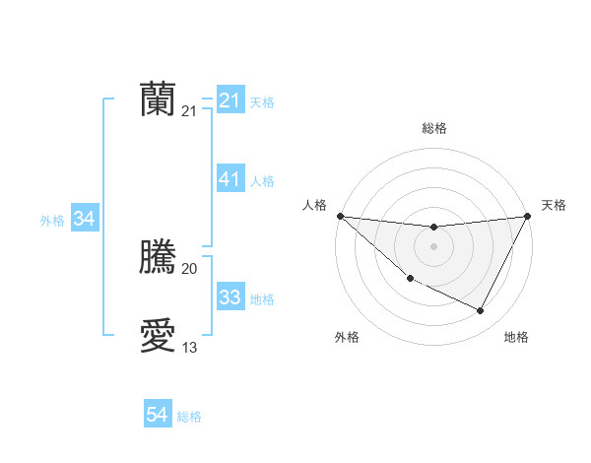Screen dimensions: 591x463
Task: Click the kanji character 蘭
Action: (x=158, y=99)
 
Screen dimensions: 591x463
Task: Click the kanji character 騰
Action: (x=158, y=257)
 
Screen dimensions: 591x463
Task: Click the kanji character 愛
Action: (x=158, y=336)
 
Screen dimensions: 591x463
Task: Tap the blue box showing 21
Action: (x=230, y=100)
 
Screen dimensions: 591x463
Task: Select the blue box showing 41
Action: (x=230, y=179)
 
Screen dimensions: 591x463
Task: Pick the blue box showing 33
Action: (x=230, y=298)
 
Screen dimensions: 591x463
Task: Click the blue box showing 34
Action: (x=85, y=219)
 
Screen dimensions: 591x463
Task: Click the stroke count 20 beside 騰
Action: (x=189, y=269)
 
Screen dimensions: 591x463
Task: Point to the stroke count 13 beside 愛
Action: (x=189, y=348)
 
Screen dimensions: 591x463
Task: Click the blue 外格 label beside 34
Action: (x=52, y=221)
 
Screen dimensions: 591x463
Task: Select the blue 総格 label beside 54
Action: (x=189, y=417)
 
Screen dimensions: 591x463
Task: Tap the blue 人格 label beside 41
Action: (x=262, y=181)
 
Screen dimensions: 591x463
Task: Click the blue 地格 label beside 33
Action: (x=262, y=299)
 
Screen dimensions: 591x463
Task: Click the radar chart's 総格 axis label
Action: (x=434, y=128)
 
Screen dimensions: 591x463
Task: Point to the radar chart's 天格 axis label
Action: (x=554, y=205)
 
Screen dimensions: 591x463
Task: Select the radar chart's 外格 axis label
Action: (x=346, y=338)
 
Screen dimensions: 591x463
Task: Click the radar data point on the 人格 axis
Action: (x=340, y=216)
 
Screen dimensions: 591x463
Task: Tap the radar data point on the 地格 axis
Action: (x=481, y=311)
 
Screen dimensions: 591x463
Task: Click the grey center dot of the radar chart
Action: (x=434, y=246)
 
